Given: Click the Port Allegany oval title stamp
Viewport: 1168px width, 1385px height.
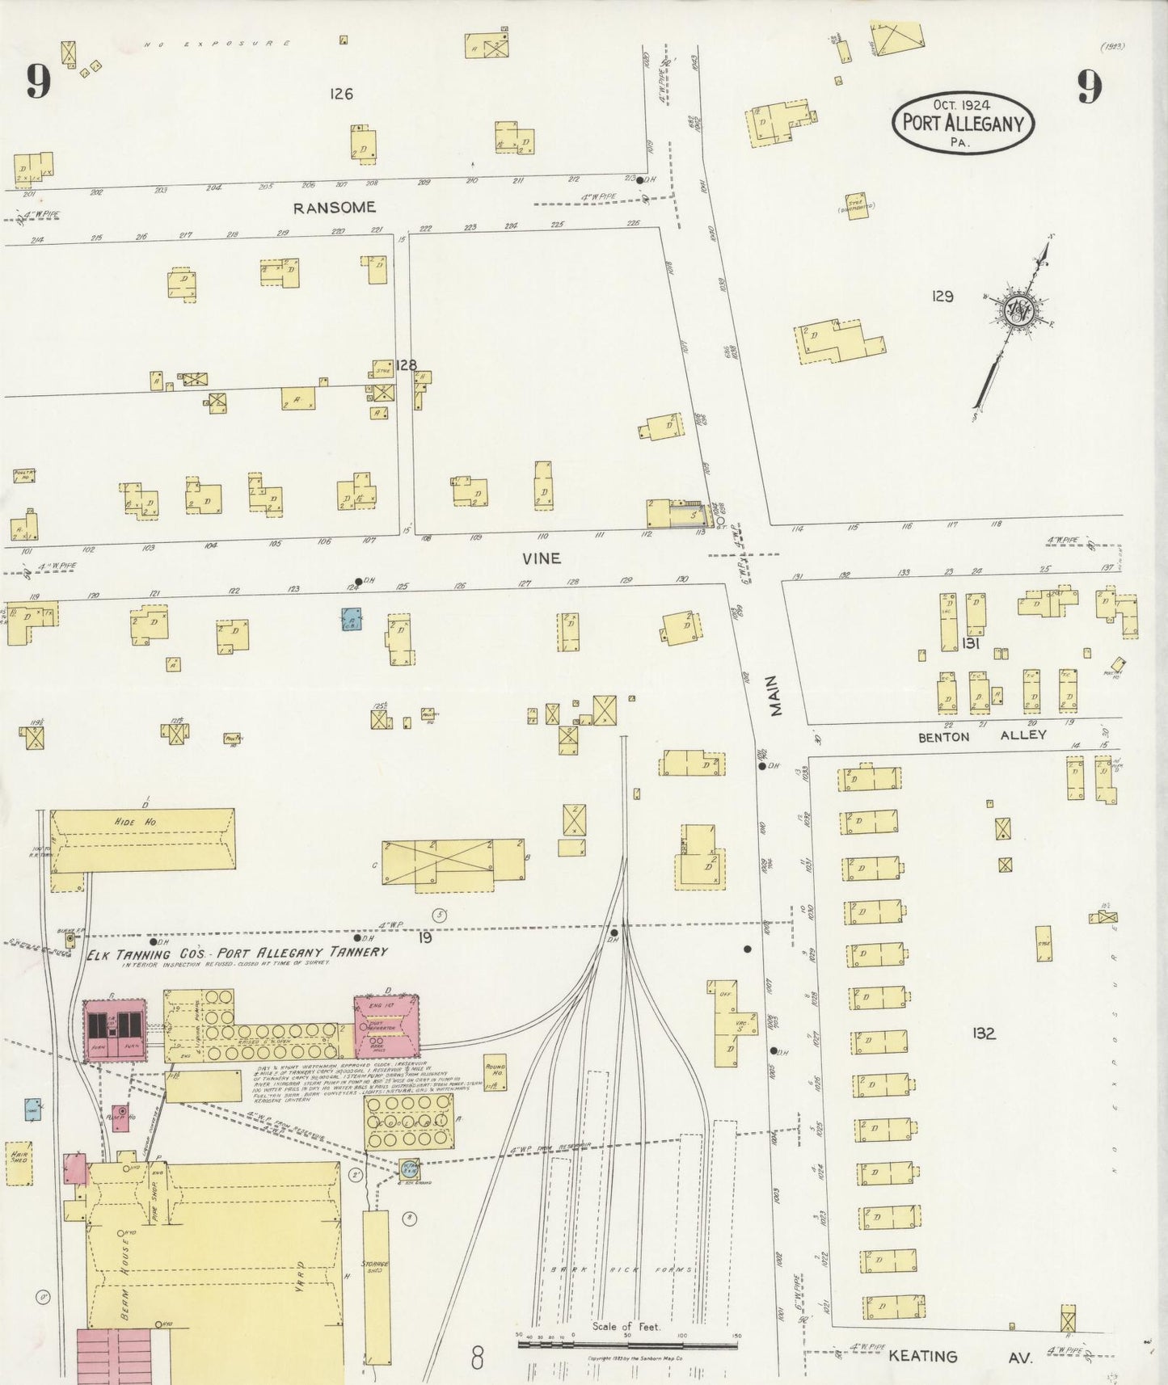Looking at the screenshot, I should (x=963, y=122).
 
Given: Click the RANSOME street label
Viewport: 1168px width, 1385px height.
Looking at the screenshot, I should (x=334, y=208).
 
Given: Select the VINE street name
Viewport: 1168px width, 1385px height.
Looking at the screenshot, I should (x=541, y=558).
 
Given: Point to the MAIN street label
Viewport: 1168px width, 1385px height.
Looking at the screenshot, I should (x=775, y=697).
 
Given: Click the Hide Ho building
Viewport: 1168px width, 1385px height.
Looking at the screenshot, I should (x=142, y=839).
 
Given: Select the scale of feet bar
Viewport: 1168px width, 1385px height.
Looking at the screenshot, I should (x=627, y=1345).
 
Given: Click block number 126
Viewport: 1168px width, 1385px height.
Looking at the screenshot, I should (x=341, y=95).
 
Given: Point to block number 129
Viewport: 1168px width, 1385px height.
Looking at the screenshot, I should (x=942, y=297).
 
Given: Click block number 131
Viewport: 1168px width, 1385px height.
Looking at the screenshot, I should (x=970, y=644).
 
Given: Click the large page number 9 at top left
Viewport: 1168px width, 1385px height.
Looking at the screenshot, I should (x=38, y=81).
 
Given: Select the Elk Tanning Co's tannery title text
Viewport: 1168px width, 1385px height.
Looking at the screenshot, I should (x=237, y=953).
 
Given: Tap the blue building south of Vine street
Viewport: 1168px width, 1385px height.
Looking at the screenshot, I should (x=350, y=619).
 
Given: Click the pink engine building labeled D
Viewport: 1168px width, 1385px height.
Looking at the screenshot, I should (x=386, y=1026).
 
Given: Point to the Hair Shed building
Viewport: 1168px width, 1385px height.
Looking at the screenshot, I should (x=19, y=1164).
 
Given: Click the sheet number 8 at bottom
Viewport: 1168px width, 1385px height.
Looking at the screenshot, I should (x=477, y=1358).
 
